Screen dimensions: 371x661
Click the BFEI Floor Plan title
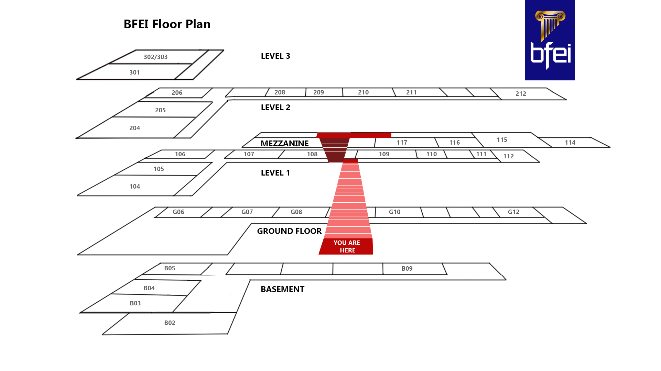point(167,24)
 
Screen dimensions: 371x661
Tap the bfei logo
point(549,40)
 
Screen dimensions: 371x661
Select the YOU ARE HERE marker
point(346,246)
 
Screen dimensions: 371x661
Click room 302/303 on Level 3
point(155,57)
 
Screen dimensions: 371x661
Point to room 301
point(134,72)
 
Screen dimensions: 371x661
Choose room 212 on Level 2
point(521,94)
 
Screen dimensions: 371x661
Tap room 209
point(318,92)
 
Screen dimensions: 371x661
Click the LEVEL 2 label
point(275,108)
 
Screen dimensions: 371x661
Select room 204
point(134,128)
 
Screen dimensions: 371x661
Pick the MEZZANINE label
point(284,144)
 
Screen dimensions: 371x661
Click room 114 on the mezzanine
point(570,143)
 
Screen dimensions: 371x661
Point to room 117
point(402,143)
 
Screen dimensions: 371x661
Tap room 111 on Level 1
point(481,154)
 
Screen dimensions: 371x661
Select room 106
point(180,154)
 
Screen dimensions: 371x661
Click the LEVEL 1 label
point(275,173)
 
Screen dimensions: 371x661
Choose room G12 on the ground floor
point(513,212)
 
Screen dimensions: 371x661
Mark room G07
point(247,212)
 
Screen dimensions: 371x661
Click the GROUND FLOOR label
point(289,231)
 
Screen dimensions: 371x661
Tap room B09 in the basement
point(407,269)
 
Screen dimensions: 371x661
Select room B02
point(170,323)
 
